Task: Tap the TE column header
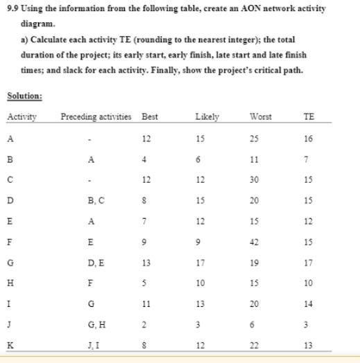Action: click(x=309, y=116)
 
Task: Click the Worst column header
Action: click(x=260, y=116)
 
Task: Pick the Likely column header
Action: click(x=207, y=116)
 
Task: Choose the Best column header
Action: click(x=150, y=116)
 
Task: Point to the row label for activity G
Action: click(x=10, y=263)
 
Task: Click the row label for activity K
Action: click(x=10, y=346)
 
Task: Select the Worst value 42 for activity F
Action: click(x=255, y=242)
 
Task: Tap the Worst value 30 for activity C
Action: click(x=255, y=179)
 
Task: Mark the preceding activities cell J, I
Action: click(x=92, y=346)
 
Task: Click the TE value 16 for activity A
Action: click(x=309, y=138)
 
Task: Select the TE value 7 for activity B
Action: click(x=309, y=159)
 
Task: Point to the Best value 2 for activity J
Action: click(x=144, y=325)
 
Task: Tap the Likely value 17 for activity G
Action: click(x=200, y=263)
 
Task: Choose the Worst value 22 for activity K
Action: click(x=255, y=346)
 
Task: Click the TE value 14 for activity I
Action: click(x=309, y=304)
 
